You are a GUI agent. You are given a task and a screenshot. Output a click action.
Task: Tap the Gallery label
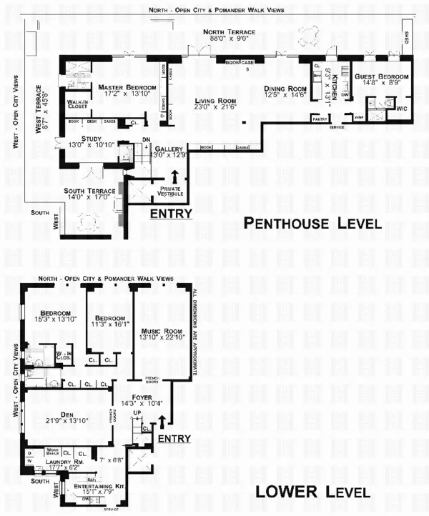point(169,149)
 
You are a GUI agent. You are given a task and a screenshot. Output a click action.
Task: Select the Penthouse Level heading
point(311,224)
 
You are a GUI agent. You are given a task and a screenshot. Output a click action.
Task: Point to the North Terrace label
point(226,33)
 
